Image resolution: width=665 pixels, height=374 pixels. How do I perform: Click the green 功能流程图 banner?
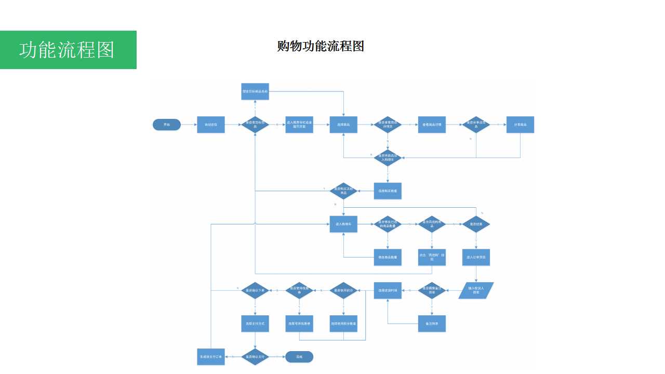[68, 50]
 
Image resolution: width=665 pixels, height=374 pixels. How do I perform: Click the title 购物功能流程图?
[321, 46]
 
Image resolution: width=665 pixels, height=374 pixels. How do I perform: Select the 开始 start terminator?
[167, 125]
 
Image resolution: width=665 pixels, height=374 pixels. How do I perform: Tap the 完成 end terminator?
[299, 357]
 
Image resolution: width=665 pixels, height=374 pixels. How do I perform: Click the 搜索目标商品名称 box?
[255, 91]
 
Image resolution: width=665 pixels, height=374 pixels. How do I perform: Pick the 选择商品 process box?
[343, 125]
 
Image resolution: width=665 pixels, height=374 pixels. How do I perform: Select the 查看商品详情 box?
[432, 125]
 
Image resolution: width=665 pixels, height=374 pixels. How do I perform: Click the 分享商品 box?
[520, 125]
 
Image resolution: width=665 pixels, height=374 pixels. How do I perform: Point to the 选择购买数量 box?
[388, 191]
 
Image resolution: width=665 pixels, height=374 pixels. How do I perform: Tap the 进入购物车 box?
[343, 224]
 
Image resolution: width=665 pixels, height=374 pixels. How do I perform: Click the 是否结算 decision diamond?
[476, 224]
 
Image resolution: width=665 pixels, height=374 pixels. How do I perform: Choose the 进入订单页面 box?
[476, 257]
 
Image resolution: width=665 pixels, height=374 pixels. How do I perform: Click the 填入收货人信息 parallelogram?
[476, 290]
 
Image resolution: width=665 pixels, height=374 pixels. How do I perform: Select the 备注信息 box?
[432, 324]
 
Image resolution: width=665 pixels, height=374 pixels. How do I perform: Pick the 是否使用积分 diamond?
[343, 290]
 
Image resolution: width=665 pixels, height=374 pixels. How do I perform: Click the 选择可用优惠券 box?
[299, 324]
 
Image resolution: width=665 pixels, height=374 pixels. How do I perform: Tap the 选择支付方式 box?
[255, 324]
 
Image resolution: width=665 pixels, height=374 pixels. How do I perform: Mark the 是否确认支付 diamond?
[255, 357]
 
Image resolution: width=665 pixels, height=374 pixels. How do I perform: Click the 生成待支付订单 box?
[211, 357]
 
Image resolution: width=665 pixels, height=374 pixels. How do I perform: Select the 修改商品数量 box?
[388, 257]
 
